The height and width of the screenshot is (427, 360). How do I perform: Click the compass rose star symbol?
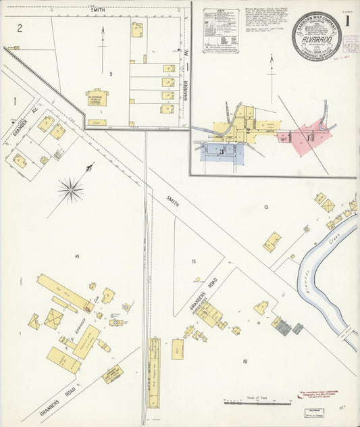(x=71, y=190)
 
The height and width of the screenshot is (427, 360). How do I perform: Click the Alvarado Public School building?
(x=97, y=98)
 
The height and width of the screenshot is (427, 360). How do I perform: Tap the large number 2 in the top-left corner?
(x=20, y=28)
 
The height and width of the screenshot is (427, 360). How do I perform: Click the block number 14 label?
(x=77, y=256)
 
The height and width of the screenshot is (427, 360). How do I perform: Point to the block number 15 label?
(x=194, y=261)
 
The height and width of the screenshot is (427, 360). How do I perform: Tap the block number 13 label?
(x=266, y=207)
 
